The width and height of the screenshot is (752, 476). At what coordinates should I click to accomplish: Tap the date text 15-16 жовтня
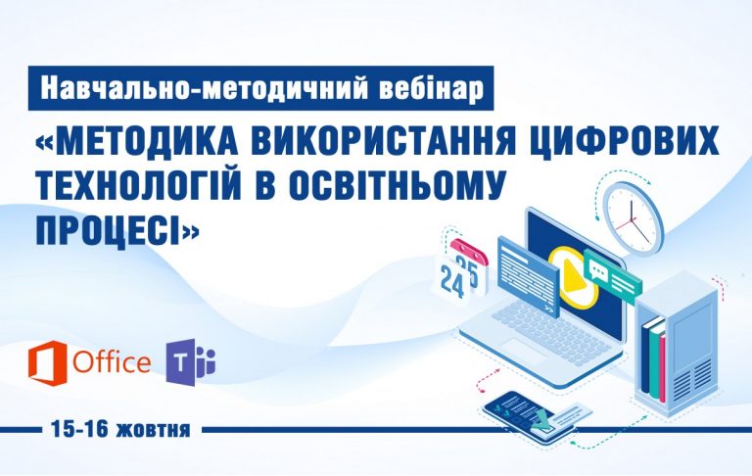(121, 429)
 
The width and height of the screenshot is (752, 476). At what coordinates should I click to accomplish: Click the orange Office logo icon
(47, 362)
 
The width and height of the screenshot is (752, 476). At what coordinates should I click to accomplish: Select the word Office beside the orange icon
(112, 362)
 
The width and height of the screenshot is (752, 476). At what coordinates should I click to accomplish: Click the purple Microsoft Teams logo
(190, 362)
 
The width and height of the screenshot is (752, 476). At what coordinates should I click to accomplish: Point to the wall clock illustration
(634, 218)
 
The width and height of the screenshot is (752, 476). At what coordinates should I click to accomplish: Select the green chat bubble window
(612, 277)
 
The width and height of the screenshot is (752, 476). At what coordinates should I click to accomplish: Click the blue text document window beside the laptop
(529, 277)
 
